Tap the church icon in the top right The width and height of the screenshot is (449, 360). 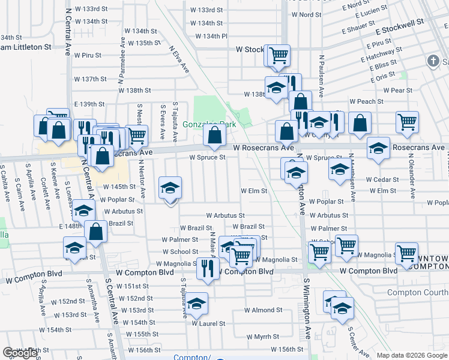click(433, 61)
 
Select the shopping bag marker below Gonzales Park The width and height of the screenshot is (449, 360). click(214, 136)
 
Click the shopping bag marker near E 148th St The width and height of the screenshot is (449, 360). click(96, 231)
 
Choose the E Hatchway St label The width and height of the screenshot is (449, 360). click(378, 56)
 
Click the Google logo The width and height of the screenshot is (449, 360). click(20, 353)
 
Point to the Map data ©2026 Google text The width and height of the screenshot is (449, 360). click(411, 355)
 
